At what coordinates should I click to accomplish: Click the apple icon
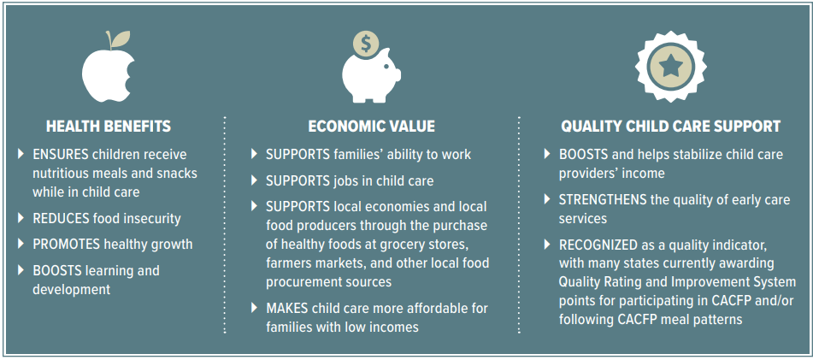click(x=108, y=74)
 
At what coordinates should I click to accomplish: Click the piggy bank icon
click(x=370, y=77)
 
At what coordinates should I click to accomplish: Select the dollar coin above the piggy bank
click(x=367, y=44)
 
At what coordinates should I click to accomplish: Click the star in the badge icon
click(x=670, y=66)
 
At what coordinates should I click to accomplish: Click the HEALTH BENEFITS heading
click(x=109, y=126)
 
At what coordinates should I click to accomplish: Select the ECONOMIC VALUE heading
click(x=371, y=126)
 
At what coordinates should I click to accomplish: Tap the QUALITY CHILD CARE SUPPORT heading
click(x=670, y=126)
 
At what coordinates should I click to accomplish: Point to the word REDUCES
click(x=62, y=218)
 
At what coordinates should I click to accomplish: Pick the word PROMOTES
click(x=66, y=244)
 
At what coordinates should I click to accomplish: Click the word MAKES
click(x=286, y=308)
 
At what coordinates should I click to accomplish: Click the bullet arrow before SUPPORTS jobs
click(x=254, y=180)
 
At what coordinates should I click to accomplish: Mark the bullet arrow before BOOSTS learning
click(x=21, y=269)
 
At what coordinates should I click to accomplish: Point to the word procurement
click(x=297, y=283)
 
